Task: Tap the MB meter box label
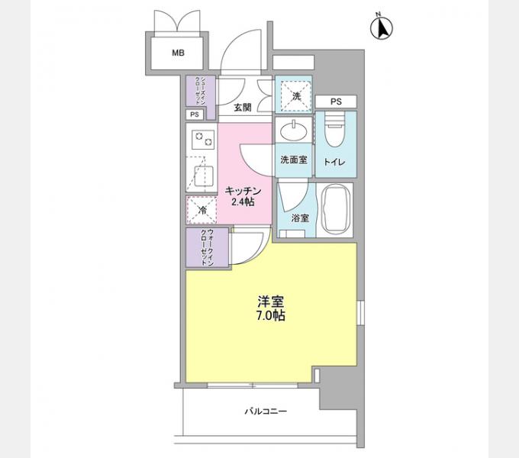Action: [x=178, y=53]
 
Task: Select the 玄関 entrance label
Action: [x=243, y=107]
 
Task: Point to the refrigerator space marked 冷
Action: [x=201, y=210]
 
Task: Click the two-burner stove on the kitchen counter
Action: [x=203, y=140]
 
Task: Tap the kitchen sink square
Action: [x=201, y=176]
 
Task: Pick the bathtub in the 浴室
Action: [x=336, y=210]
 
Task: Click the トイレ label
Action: [x=334, y=162]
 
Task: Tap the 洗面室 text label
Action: [x=294, y=160]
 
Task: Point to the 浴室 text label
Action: [x=300, y=218]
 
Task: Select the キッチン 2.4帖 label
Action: [x=243, y=196]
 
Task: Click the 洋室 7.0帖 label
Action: [x=271, y=308]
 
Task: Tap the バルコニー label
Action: [x=266, y=411]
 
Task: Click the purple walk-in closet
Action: [x=207, y=247]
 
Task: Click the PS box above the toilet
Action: [x=336, y=102]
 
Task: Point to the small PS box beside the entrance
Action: [x=195, y=114]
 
